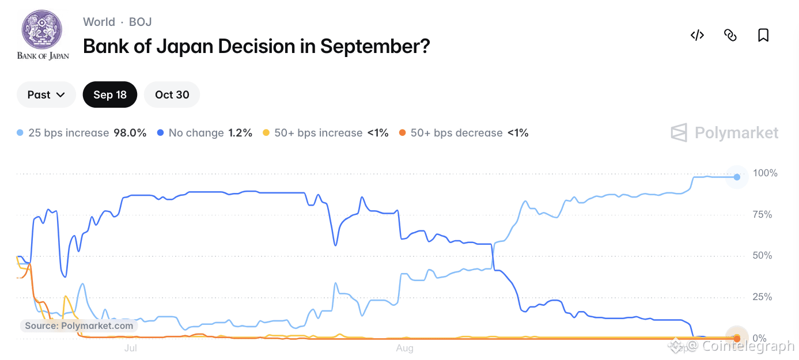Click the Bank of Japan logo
(x=43, y=35)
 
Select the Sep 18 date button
(x=110, y=94)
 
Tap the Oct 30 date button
(x=172, y=94)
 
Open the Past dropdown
(x=46, y=94)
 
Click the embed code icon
(x=697, y=35)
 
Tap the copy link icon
(x=730, y=35)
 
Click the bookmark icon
(x=763, y=35)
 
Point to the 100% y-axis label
(x=765, y=173)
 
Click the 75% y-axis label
(x=762, y=214)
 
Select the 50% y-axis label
(x=762, y=256)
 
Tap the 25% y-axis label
(x=762, y=297)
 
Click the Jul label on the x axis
(x=131, y=348)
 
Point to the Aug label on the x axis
(x=404, y=348)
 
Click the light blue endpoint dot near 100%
(x=737, y=177)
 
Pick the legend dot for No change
(x=161, y=132)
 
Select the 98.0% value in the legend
(x=130, y=132)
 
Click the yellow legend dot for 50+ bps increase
(x=266, y=132)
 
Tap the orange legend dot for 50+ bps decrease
(x=402, y=132)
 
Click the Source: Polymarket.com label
(x=79, y=326)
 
